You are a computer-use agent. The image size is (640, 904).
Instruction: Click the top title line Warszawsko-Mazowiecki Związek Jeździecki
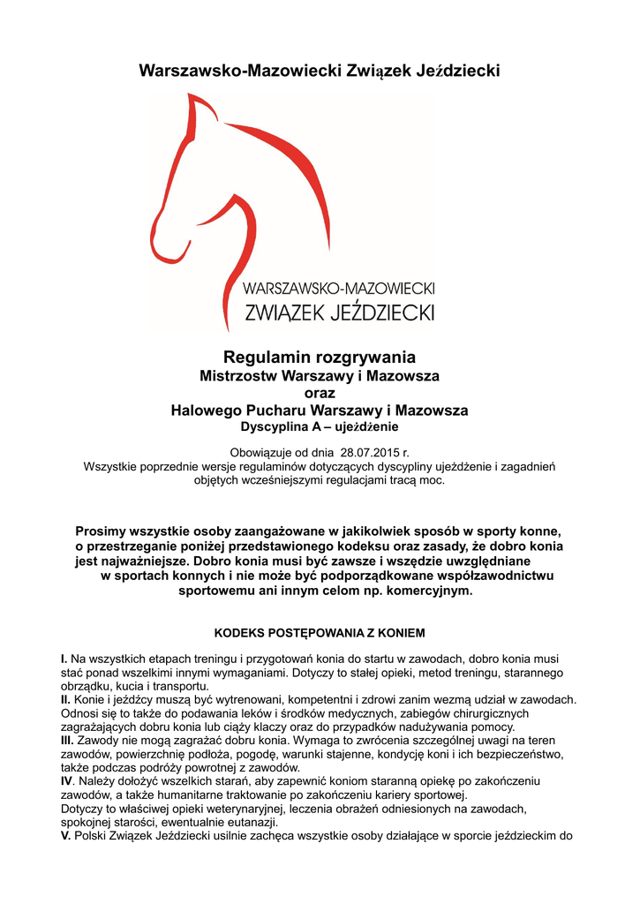point(320,70)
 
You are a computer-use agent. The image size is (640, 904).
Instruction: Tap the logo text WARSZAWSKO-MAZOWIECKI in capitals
point(339,288)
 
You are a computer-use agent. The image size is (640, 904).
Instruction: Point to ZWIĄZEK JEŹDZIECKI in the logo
point(339,312)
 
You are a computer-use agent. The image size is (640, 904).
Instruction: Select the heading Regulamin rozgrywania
point(320,358)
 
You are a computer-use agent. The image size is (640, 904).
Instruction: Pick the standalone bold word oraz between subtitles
point(320,393)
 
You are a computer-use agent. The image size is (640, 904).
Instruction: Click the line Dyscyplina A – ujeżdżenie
point(320,427)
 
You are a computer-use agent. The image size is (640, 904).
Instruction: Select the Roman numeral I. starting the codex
point(64,659)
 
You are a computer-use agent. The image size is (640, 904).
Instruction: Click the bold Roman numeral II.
point(65,699)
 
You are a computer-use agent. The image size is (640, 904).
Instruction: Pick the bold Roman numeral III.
point(67,740)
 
